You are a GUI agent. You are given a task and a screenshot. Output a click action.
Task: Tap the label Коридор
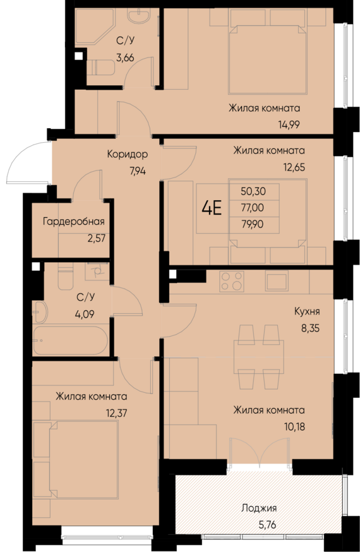coord(127,154)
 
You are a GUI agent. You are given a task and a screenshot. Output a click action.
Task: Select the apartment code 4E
coord(212,207)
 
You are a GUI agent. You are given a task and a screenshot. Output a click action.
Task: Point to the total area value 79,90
coord(253,223)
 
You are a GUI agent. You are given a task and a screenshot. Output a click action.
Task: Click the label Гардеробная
coord(73,221)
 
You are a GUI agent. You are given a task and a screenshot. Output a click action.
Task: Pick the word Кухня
coord(306,311)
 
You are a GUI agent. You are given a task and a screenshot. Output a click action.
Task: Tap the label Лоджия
coord(258,507)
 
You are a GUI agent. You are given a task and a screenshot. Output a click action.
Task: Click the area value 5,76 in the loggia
coord(258,523)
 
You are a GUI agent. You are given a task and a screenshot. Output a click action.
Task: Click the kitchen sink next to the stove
coord(276,280)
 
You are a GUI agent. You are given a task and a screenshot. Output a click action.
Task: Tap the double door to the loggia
coord(259,452)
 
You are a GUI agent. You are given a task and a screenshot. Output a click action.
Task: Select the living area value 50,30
coord(253,191)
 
